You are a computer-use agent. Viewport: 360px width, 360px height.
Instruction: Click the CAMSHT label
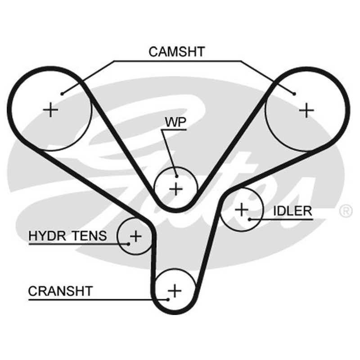click(176, 52)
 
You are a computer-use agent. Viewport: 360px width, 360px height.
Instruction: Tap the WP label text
click(175, 122)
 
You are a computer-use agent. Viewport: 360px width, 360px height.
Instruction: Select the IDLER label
click(293, 211)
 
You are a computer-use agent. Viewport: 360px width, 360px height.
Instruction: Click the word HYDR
click(47, 235)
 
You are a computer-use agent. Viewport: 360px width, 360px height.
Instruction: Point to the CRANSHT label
click(60, 291)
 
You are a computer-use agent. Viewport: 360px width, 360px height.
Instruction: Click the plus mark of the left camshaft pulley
click(50, 110)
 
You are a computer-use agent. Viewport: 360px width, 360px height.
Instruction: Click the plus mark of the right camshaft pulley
click(306, 110)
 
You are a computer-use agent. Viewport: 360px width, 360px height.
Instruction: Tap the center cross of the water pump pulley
click(176, 189)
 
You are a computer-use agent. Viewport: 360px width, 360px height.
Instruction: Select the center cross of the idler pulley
click(242, 209)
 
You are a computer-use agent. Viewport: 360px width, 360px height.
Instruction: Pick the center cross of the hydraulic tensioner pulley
click(136, 236)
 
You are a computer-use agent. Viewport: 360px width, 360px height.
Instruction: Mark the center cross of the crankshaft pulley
click(175, 291)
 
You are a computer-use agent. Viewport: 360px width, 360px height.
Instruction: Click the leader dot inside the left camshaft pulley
click(62, 94)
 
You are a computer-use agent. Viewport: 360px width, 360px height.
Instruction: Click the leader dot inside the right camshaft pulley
click(294, 94)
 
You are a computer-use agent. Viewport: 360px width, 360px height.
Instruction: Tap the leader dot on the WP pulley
click(176, 176)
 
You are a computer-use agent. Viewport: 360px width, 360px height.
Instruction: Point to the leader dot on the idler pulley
click(250, 220)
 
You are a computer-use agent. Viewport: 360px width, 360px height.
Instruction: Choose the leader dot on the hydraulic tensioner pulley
click(129, 244)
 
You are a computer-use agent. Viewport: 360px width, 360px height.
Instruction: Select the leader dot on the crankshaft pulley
click(168, 299)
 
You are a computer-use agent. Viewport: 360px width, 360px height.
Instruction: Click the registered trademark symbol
click(346, 211)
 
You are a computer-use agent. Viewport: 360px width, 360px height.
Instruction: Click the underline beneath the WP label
click(174, 130)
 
